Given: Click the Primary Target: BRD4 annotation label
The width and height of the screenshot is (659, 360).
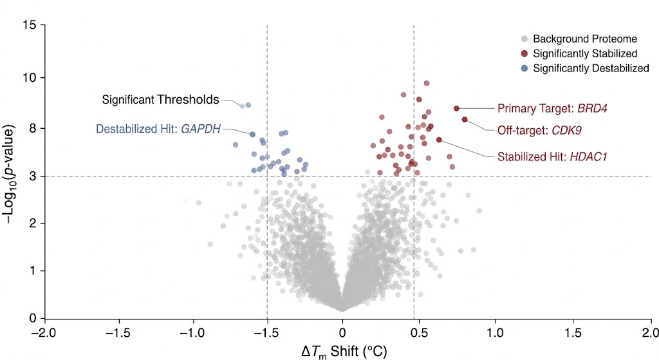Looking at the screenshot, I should [552, 109].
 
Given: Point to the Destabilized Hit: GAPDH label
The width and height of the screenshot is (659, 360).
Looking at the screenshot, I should [158, 129].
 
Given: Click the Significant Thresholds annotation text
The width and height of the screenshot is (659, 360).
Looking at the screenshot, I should [160, 100].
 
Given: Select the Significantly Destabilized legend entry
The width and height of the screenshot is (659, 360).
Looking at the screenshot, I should [590, 68].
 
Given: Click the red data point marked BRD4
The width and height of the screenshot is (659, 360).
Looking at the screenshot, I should [456, 108].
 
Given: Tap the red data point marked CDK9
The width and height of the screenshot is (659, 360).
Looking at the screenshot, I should [465, 120].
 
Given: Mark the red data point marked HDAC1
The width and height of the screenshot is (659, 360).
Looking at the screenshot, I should [439, 140].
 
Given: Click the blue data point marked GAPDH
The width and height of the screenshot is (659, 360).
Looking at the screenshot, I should [252, 135].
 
